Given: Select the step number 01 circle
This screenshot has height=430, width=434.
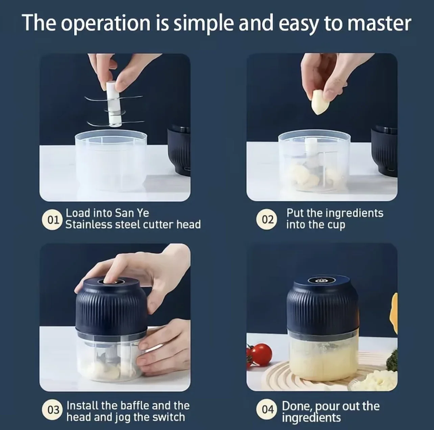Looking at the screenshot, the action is click(x=52, y=220).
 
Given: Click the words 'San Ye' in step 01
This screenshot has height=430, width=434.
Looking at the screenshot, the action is click(x=132, y=213).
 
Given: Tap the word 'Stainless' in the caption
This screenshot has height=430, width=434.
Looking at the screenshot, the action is click(x=89, y=225).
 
